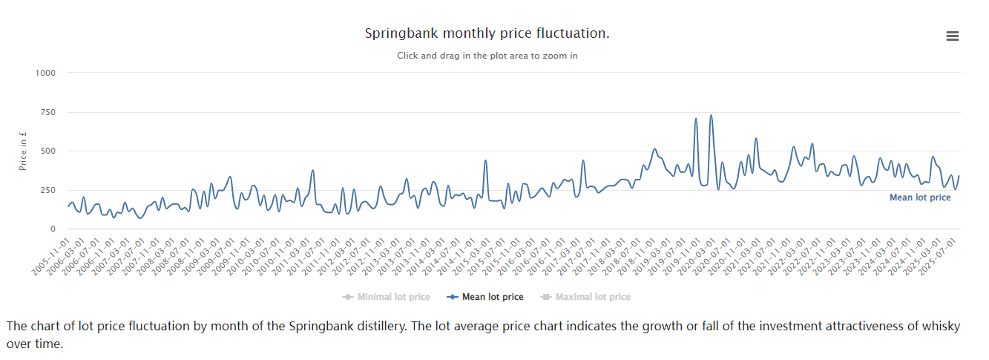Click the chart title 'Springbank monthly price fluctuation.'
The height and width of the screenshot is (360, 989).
(487, 34)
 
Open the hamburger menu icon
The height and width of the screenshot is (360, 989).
(953, 36)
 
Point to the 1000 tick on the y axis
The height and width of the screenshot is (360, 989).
(45, 73)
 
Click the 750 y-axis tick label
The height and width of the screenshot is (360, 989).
(47, 112)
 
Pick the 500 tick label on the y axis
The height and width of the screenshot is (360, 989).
(47, 151)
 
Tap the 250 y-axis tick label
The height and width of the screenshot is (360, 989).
(47, 190)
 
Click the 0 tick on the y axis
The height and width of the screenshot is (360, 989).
(52, 229)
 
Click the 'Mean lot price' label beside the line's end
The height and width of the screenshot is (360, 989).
(920, 197)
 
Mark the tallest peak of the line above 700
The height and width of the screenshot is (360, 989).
(711, 115)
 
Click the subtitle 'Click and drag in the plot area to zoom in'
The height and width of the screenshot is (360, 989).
(487, 56)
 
